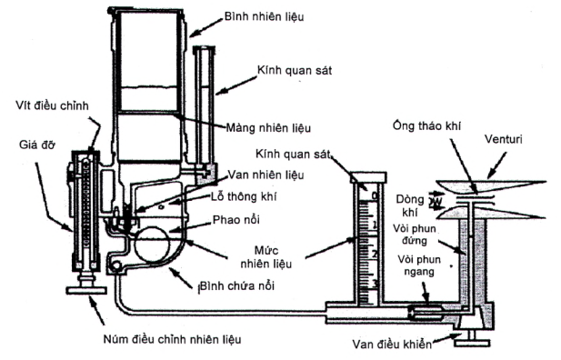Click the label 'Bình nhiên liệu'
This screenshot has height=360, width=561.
(x=264, y=17)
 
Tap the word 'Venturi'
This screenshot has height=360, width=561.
(x=503, y=139)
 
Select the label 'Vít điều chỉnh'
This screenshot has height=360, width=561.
(x=52, y=106)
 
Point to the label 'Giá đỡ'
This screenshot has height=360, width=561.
(x=37, y=145)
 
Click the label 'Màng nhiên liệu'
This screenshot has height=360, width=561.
(x=268, y=128)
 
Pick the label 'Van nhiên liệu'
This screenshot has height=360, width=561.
(x=265, y=175)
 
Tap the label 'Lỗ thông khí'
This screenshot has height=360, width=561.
(x=244, y=196)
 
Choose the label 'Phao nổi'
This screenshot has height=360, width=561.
(x=236, y=219)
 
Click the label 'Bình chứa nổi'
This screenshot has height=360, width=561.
(x=236, y=286)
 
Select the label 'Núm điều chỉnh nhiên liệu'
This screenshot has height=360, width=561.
(x=172, y=339)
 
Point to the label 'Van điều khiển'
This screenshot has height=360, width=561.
(x=392, y=344)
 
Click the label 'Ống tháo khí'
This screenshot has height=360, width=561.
(x=426, y=126)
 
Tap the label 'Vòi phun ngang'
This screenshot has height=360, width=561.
(x=419, y=265)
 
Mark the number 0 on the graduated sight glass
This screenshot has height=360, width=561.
(x=375, y=195)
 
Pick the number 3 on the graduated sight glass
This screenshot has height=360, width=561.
(x=376, y=284)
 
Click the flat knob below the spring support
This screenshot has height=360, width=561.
(x=86, y=289)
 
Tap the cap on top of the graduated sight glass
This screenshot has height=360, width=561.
(x=368, y=177)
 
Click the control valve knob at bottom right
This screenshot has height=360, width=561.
(x=472, y=343)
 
